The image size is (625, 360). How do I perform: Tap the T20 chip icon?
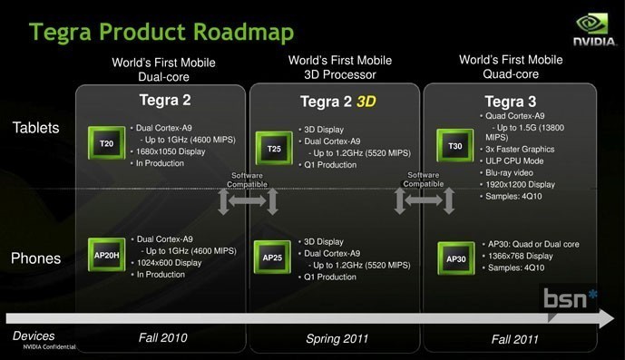coord(107,143)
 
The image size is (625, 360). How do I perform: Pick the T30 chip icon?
coord(454,145)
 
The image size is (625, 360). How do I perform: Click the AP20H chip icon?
coord(107,256)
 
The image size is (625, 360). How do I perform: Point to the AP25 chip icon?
coord(273,258)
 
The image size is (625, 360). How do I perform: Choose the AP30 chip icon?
coord(455,258)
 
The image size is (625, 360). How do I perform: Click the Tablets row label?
coord(36,128)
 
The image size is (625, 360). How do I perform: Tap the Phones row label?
coord(36,258)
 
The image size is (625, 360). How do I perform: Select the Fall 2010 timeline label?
coord(163,338)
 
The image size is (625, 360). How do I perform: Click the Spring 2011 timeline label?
coord(336,338)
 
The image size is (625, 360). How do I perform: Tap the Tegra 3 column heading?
coord(511,102)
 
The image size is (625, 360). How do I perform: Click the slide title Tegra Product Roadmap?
coord(161,34)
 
